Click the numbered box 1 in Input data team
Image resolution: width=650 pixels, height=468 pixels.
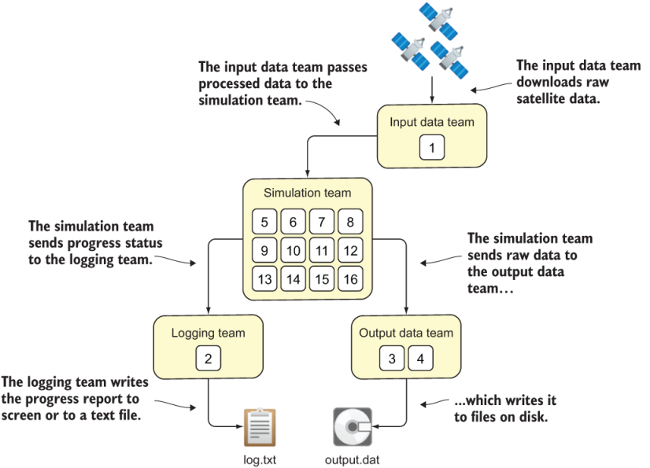[431, 146]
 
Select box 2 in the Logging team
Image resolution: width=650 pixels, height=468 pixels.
[208, 359]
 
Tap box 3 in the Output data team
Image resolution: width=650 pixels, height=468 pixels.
[392, 359]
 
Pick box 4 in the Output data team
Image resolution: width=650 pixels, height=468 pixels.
[420, 359]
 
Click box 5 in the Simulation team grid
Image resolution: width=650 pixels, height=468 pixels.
[264, 222]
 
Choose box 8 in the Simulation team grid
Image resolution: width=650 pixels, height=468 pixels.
[350, 222]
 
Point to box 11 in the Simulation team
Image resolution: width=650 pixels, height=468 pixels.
[322, 251]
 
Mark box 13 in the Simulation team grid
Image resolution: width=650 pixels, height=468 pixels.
[264, 279]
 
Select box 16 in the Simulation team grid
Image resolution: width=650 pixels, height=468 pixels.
[350, 279]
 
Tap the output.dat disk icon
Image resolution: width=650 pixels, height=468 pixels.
[351, 428]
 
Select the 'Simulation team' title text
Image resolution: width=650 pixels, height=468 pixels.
[307, 193]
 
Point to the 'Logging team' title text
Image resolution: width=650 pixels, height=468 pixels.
[208, 333]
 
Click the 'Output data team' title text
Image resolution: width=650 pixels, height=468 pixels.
[406, 333]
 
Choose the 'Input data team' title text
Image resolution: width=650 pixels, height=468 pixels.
[432, 122]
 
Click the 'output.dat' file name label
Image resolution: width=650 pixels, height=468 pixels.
[351, 459]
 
